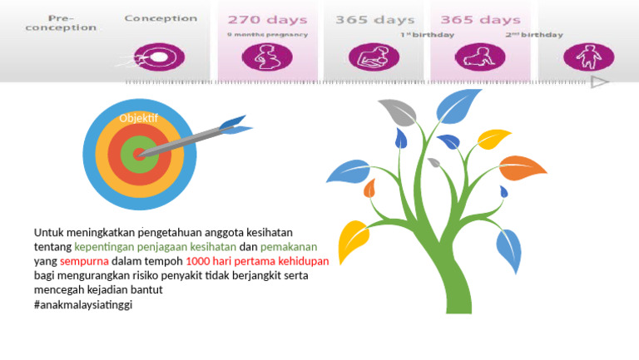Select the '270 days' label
(267, 19)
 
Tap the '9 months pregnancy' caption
(267, 35)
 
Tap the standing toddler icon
(589, 57)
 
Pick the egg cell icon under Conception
(160, 57)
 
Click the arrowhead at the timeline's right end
(599, 81)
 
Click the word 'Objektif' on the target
(139, 118)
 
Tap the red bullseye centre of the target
(139, 154)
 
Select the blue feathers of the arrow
(235, 126)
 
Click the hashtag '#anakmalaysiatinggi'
(83, 304)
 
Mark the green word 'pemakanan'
(289, 247)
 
